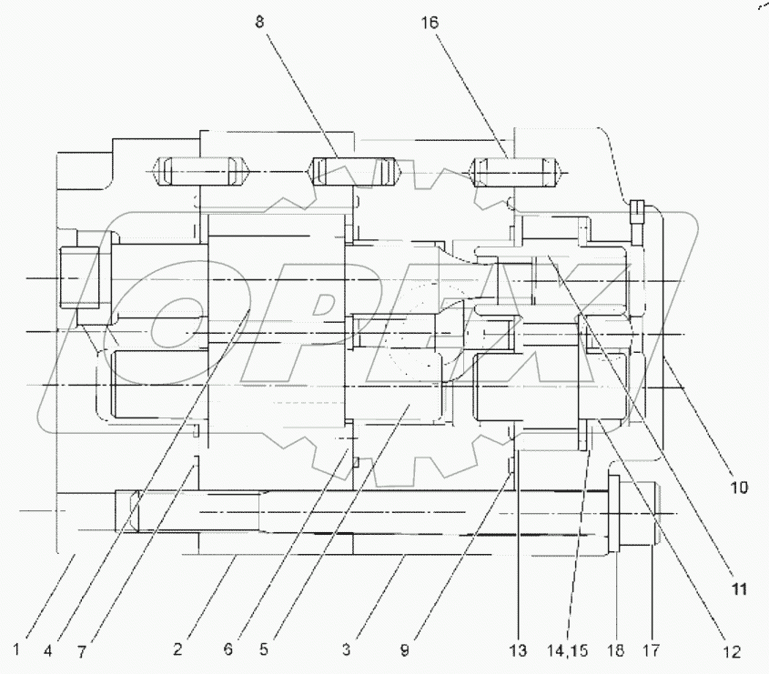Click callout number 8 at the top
click(260, 22)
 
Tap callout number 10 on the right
click(738, 488)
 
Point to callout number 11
click(738, 588)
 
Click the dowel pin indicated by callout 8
click(356, 170)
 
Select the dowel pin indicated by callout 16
click(513, 170)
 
